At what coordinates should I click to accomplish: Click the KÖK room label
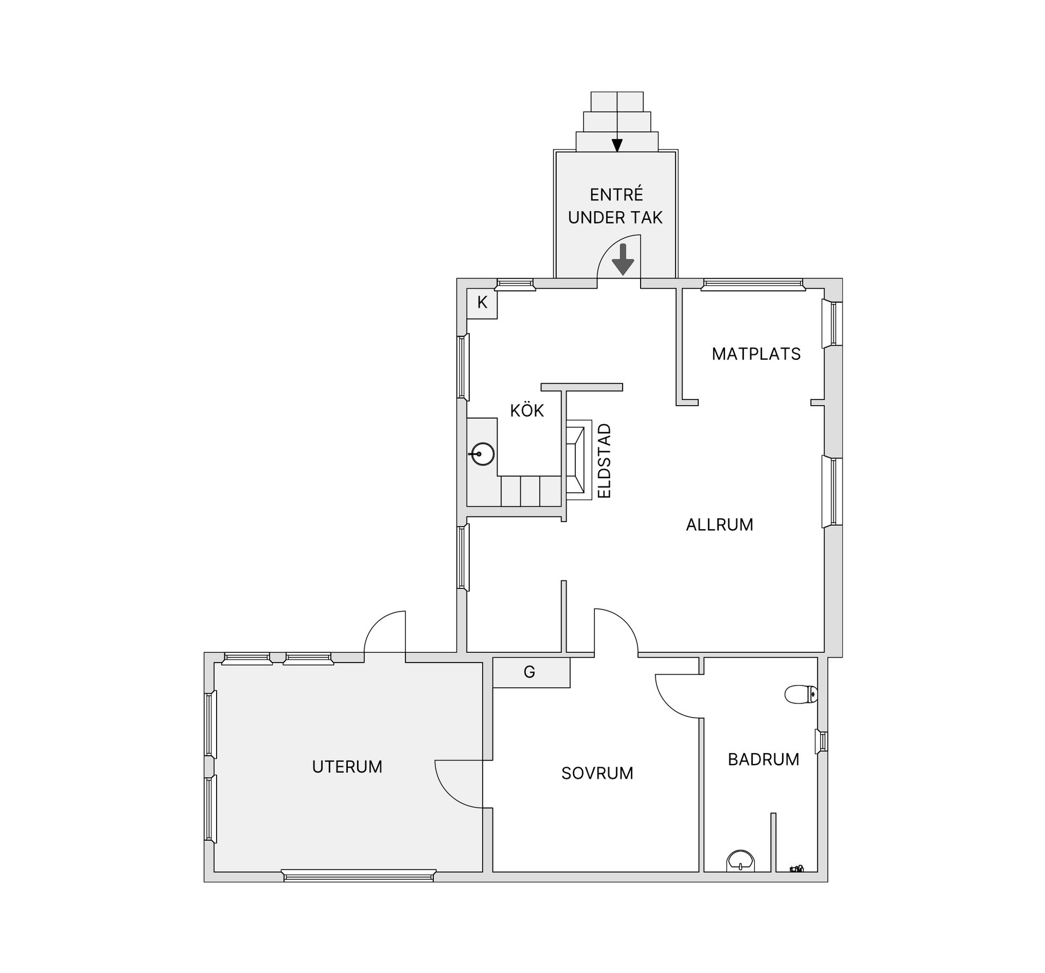(527, 410)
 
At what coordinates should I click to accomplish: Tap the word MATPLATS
(756, 354)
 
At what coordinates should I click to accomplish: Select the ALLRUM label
(720, 524)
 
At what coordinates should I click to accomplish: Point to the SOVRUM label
(597, 773)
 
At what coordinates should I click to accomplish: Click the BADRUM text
(763, 759)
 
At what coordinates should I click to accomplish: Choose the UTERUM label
(347, 767)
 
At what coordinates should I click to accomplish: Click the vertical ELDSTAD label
(605, 461)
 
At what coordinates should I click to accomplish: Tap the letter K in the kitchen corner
(482, 302)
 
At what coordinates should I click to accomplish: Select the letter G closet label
(530, 672)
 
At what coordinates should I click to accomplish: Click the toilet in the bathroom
(801, 694)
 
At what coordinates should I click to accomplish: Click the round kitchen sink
(482, 454)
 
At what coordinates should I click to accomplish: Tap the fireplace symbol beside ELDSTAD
(579, 460)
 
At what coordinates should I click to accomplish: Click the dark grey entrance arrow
(623, 259)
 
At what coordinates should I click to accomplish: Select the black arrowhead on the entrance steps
(617, 145)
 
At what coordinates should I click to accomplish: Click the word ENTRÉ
(617, 194)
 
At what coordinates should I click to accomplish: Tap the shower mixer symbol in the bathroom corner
(797, 869)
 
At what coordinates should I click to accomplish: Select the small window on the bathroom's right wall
(821, 741)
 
